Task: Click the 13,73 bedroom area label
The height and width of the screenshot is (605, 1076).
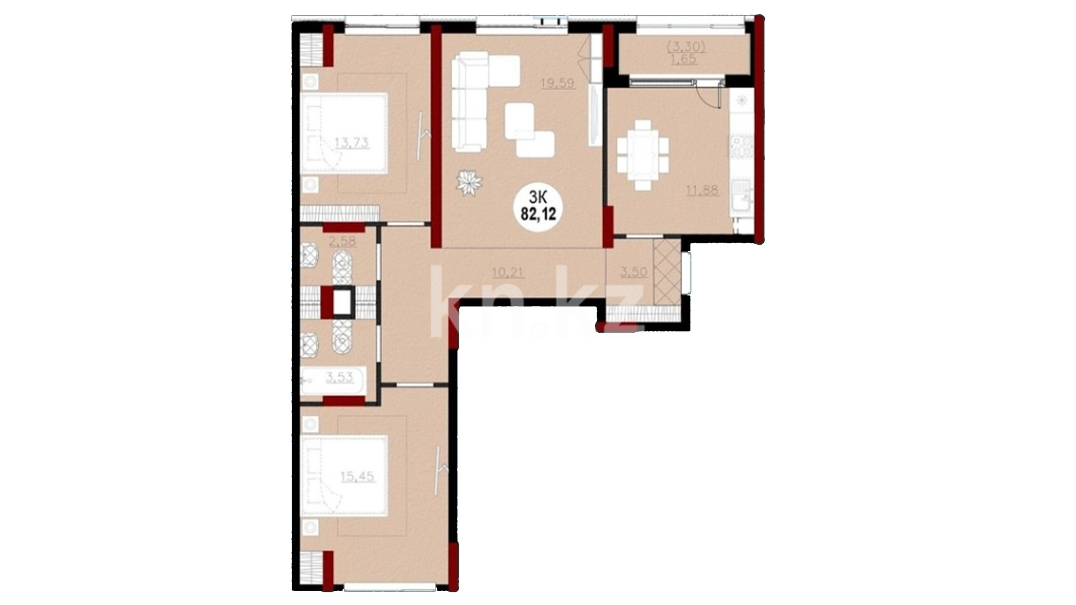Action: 351,142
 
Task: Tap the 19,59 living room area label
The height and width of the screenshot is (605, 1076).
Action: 557,83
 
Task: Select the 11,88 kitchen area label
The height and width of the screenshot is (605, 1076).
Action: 702,190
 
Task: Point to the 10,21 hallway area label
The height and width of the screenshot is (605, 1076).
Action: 508,273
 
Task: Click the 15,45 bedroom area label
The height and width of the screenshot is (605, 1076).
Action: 358,477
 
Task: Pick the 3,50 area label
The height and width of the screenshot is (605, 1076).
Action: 634,272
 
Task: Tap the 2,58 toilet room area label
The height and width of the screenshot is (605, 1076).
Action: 343,242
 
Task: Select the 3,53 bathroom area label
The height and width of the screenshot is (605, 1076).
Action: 340,377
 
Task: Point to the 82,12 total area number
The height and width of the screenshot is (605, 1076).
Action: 539,214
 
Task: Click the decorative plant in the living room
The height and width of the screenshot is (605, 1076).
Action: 469,183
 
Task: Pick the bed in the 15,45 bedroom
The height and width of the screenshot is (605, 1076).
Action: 344,476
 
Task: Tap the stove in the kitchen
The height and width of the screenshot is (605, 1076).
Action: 741,146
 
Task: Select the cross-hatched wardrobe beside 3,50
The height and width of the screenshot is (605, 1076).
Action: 667,272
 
